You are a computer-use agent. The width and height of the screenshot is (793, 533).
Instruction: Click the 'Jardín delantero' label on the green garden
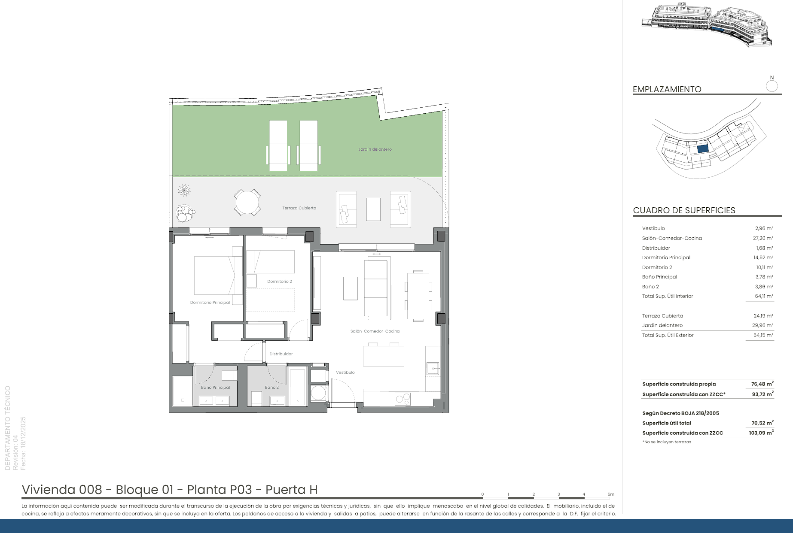pos(375,149)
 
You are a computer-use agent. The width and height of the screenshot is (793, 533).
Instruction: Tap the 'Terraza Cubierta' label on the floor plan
pos(299,208)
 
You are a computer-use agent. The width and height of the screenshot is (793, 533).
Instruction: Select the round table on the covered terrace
pos(247,202)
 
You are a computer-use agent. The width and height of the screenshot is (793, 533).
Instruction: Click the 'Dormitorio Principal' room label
pos(210,303)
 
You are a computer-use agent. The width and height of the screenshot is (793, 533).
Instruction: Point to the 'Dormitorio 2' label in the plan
pos(280,282)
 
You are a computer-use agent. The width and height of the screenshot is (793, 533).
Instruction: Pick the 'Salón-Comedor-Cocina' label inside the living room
pos(375,331)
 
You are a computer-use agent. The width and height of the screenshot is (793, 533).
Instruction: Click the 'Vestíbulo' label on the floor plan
pos(345,372)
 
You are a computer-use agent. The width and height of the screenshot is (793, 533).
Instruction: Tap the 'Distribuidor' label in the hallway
pos(281,354)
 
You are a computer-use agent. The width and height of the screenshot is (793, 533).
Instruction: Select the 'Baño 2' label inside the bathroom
pos(271,388)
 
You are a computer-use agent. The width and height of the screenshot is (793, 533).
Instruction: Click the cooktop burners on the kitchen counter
pos(403,399)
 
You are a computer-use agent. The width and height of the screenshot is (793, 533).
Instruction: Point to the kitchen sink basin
pos(433,368)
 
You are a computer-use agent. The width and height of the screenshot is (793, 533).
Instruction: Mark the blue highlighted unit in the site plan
pos(702,149)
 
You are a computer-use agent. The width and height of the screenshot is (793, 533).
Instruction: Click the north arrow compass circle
pos(772,86)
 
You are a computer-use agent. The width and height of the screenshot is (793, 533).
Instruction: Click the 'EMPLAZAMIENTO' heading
pos(667,89)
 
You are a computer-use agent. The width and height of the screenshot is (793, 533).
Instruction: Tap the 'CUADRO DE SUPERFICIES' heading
pos(684,210)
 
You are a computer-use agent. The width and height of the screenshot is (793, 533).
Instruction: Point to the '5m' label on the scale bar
pos(611,494)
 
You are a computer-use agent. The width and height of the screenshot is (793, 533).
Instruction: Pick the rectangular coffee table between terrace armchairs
pos(373,209)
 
